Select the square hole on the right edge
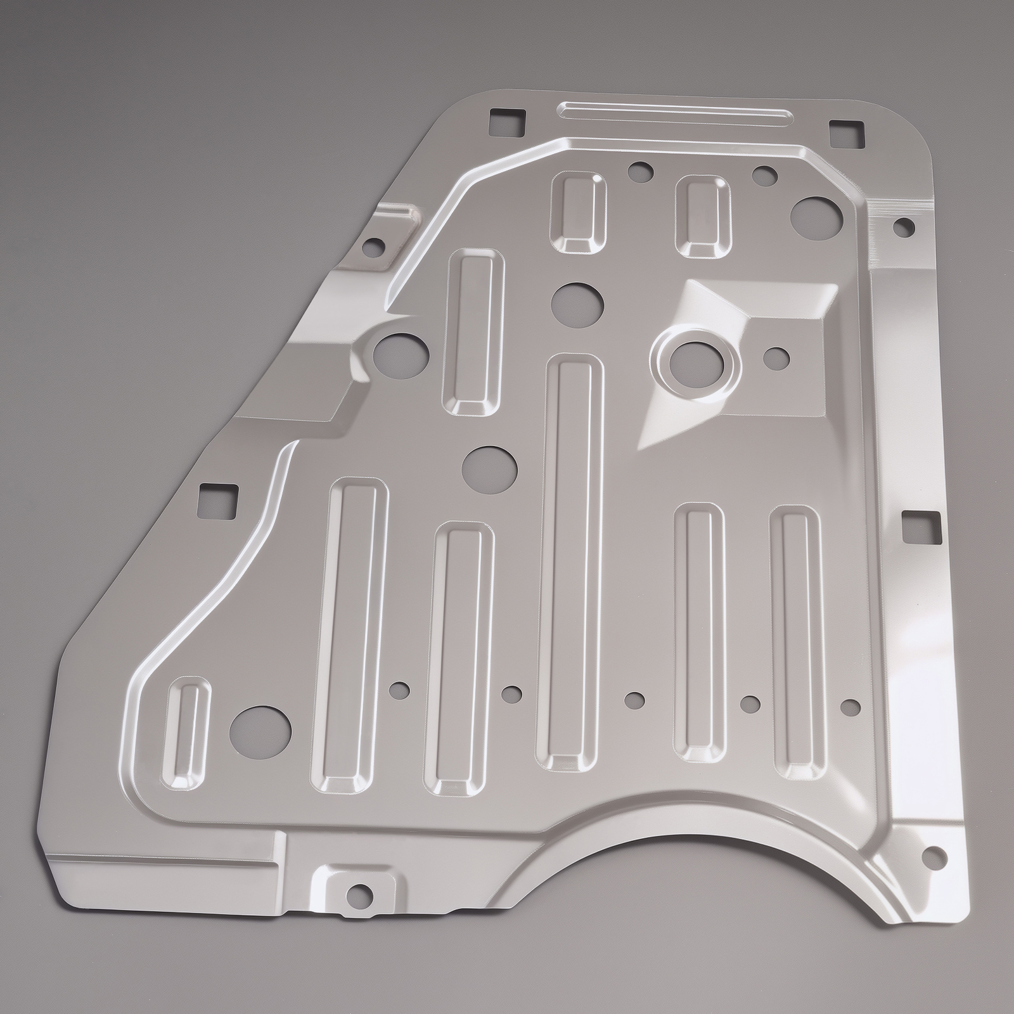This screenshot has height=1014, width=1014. coord(921,526)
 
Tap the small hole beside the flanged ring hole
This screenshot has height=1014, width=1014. coord(777,358)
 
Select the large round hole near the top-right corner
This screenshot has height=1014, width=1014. coord(817,217)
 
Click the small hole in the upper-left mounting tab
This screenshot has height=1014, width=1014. coord(375,245)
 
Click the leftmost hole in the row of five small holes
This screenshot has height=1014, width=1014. coord(399,688)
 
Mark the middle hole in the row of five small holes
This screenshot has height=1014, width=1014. coord(633,700)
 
